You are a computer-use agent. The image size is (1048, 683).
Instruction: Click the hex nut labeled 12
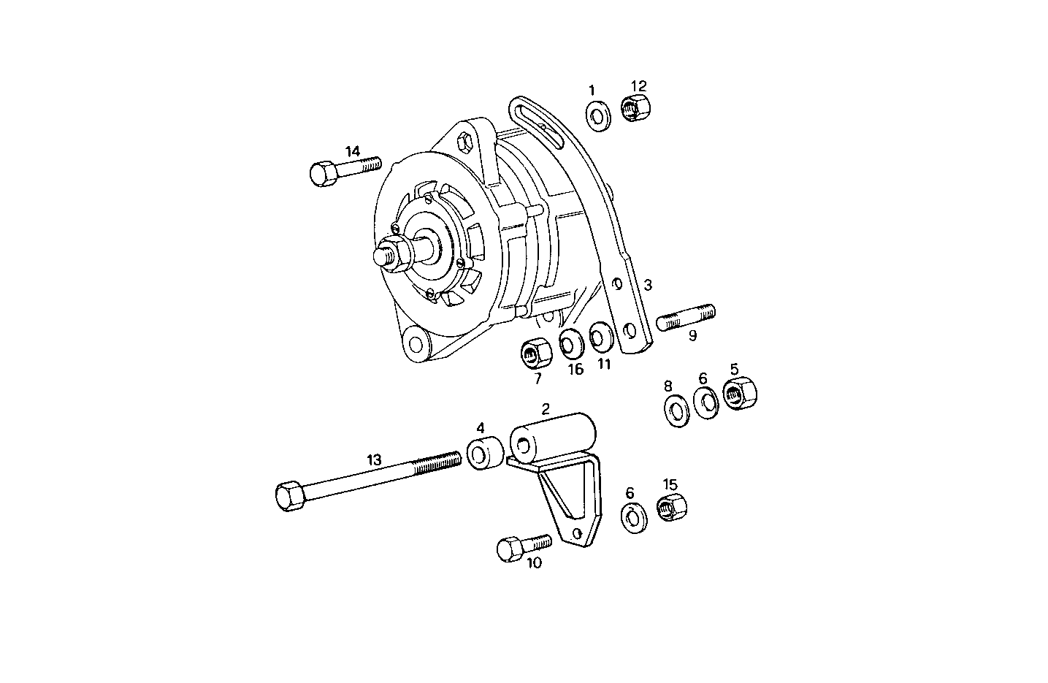click(637, 108)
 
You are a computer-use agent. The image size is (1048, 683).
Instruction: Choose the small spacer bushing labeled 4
click(482, 454)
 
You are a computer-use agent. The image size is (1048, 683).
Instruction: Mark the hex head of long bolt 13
click(292, 496)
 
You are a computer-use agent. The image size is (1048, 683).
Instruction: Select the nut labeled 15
click(672, 506)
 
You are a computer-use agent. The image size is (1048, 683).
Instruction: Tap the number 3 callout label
click(647, 284)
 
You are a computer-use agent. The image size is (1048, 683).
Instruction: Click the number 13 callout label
click(374, 459)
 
